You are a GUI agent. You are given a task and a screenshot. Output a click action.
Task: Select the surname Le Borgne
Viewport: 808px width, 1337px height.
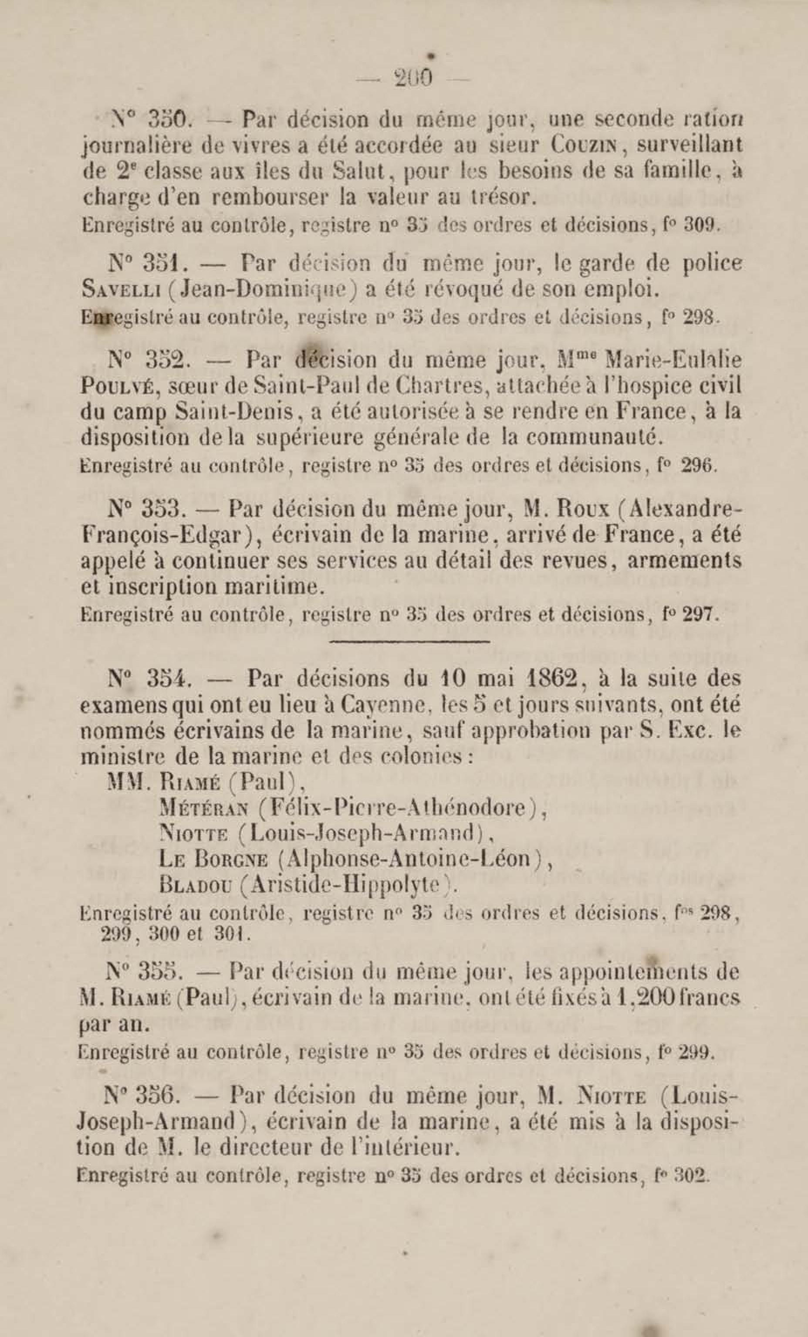point(213,860)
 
